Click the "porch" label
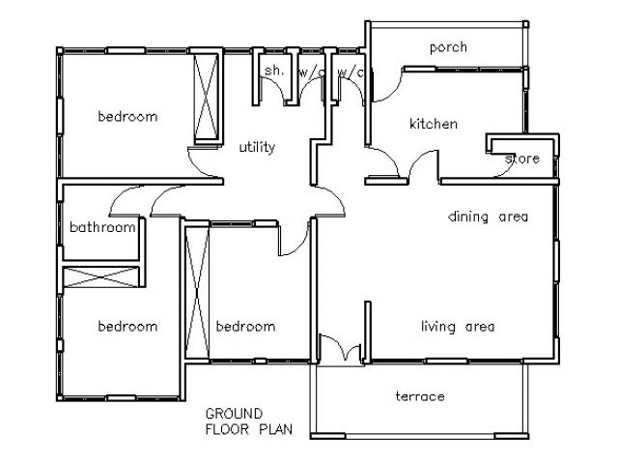pyautogui.click(x=448, y=47)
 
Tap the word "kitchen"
pyautogui.click(x=434, y=124)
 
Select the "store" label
pyautogui.click(x=521, y=159)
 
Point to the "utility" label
pyautogui.click(x=257, y=147)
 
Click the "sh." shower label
pyautogui.click(x=274, y=71)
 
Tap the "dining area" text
pyautogui.click(x=488, y=217)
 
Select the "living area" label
pyautogui.click(x=458, y=327)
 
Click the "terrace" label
pyautogui.click(x=420, y=396)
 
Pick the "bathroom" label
pyautogui.click(x=102, y=227)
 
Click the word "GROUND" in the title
pyautogui.click(x=234, y=414)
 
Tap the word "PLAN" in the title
pyautogui.click(x=275, y=429)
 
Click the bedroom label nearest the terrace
pyautogui.click(x=245, y=327)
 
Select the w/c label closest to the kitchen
pyautogui.click(x=351, y=72)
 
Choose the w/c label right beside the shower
pyautogui.click(x=311, y=72)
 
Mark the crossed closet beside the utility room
pyautogui.click(x=206, y=97)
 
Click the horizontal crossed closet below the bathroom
pyautogui.click(x=101, y=276)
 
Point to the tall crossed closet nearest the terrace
pyautogui.click(x=197, y=293)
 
